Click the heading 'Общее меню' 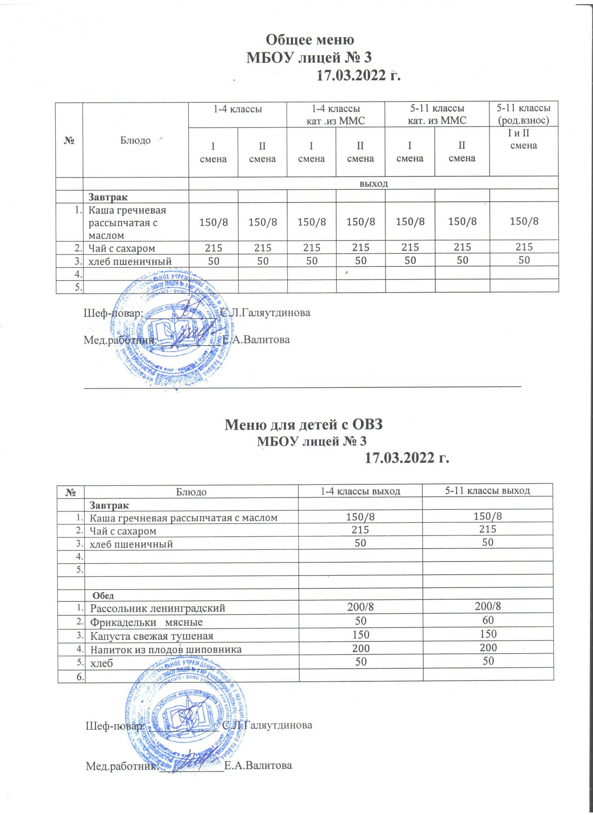click(x=310, y=40)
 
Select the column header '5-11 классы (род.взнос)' click(x=524, y=114)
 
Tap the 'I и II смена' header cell click(x=523, y=139)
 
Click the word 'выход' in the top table click(x=373, y=183)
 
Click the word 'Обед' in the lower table click(x=105, y=595)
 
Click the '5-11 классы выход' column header click(x=488, y=491)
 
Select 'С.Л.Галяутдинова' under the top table click(x=265, y=313)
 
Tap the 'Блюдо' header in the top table click(x=136, y=141)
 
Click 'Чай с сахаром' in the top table click(x=122, y=248)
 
